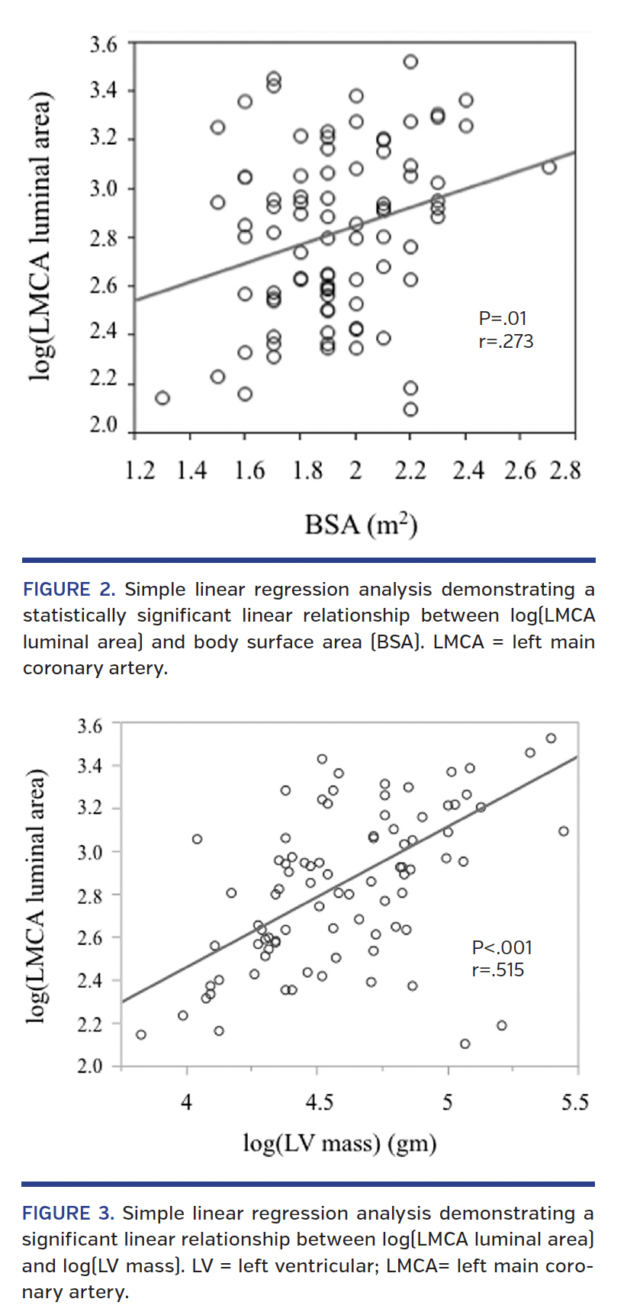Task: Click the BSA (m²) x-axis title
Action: click(360, 525)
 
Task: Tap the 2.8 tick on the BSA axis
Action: click(565, 471)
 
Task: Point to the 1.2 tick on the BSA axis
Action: click(140, 471)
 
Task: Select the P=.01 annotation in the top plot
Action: click(502, 318)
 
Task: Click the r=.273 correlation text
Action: click(506, 341)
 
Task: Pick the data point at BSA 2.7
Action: click(548, 167)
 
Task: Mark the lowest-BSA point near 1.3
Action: click(162, 398)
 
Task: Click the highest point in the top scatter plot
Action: click(410, 62)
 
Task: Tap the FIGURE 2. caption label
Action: click(69, 590)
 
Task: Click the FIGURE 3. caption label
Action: click(68, 1213)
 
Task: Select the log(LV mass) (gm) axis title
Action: click(339, 1143)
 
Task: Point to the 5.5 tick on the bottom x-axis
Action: click(575, 1102)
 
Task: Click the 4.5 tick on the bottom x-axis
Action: click(319, 1102)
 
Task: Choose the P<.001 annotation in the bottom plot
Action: click(502, 947)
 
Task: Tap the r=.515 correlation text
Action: click(497, 970)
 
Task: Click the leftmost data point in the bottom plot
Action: click(141, 1034)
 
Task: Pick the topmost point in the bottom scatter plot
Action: click(551, 738)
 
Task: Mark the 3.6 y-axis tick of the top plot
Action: click(104, 44)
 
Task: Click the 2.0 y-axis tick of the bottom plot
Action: click(90, 1066)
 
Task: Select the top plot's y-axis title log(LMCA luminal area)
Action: click(39, 236)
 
